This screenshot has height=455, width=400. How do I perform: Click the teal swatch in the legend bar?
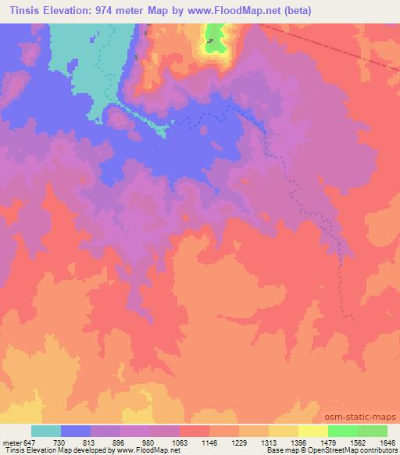tap(46, 431)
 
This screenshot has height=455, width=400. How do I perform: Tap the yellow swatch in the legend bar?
tap(313, 431)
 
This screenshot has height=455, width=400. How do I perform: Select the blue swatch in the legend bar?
tap(76, 431)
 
